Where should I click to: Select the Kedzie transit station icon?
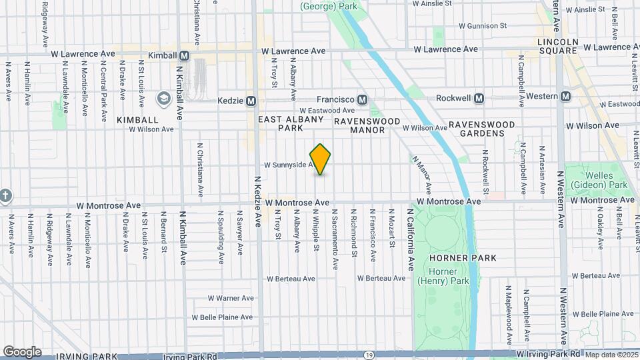tap(251, 101)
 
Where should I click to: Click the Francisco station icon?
tap(362, 99)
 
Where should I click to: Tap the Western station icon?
tap(565, 97)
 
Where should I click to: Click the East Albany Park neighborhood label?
tap(291, 123)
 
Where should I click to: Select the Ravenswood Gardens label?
tap(481, 129)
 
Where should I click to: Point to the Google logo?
tap(22, 351)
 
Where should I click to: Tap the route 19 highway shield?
tap(369, 355)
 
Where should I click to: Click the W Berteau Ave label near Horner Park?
tap(381, 278)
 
